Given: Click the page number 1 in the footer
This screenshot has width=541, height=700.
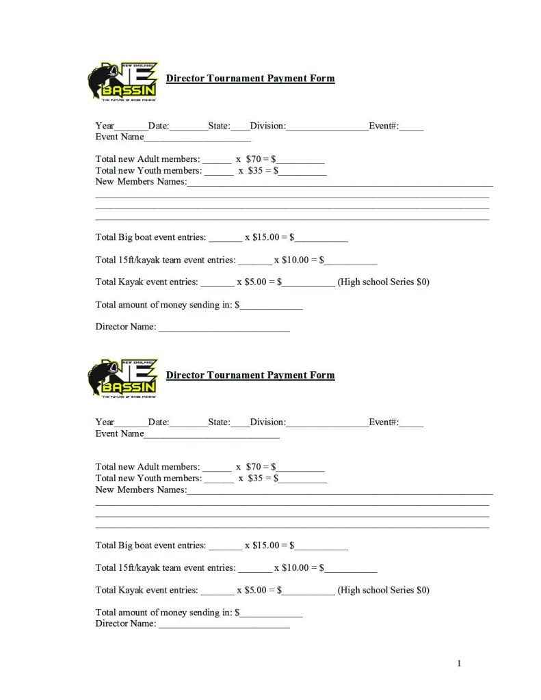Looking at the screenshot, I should click(x=460, y=663).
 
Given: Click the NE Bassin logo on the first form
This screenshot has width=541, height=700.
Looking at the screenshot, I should click(x=122, y=81).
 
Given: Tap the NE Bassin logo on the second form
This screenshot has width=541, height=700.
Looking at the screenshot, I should click(x=122, y=378).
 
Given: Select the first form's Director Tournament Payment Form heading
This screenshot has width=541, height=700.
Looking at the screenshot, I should click(x=250, y=78).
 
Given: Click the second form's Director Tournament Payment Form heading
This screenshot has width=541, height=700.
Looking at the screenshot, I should click(x=250, y=375).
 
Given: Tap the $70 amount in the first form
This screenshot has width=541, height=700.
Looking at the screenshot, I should click(x=253, y=159).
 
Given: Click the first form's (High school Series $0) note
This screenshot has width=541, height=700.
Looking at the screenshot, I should click(x=383, y=282).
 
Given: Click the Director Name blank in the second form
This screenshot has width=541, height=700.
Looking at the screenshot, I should click(x=224, y=625).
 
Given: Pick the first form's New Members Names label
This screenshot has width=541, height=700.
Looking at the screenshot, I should click(x=141, y=182).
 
